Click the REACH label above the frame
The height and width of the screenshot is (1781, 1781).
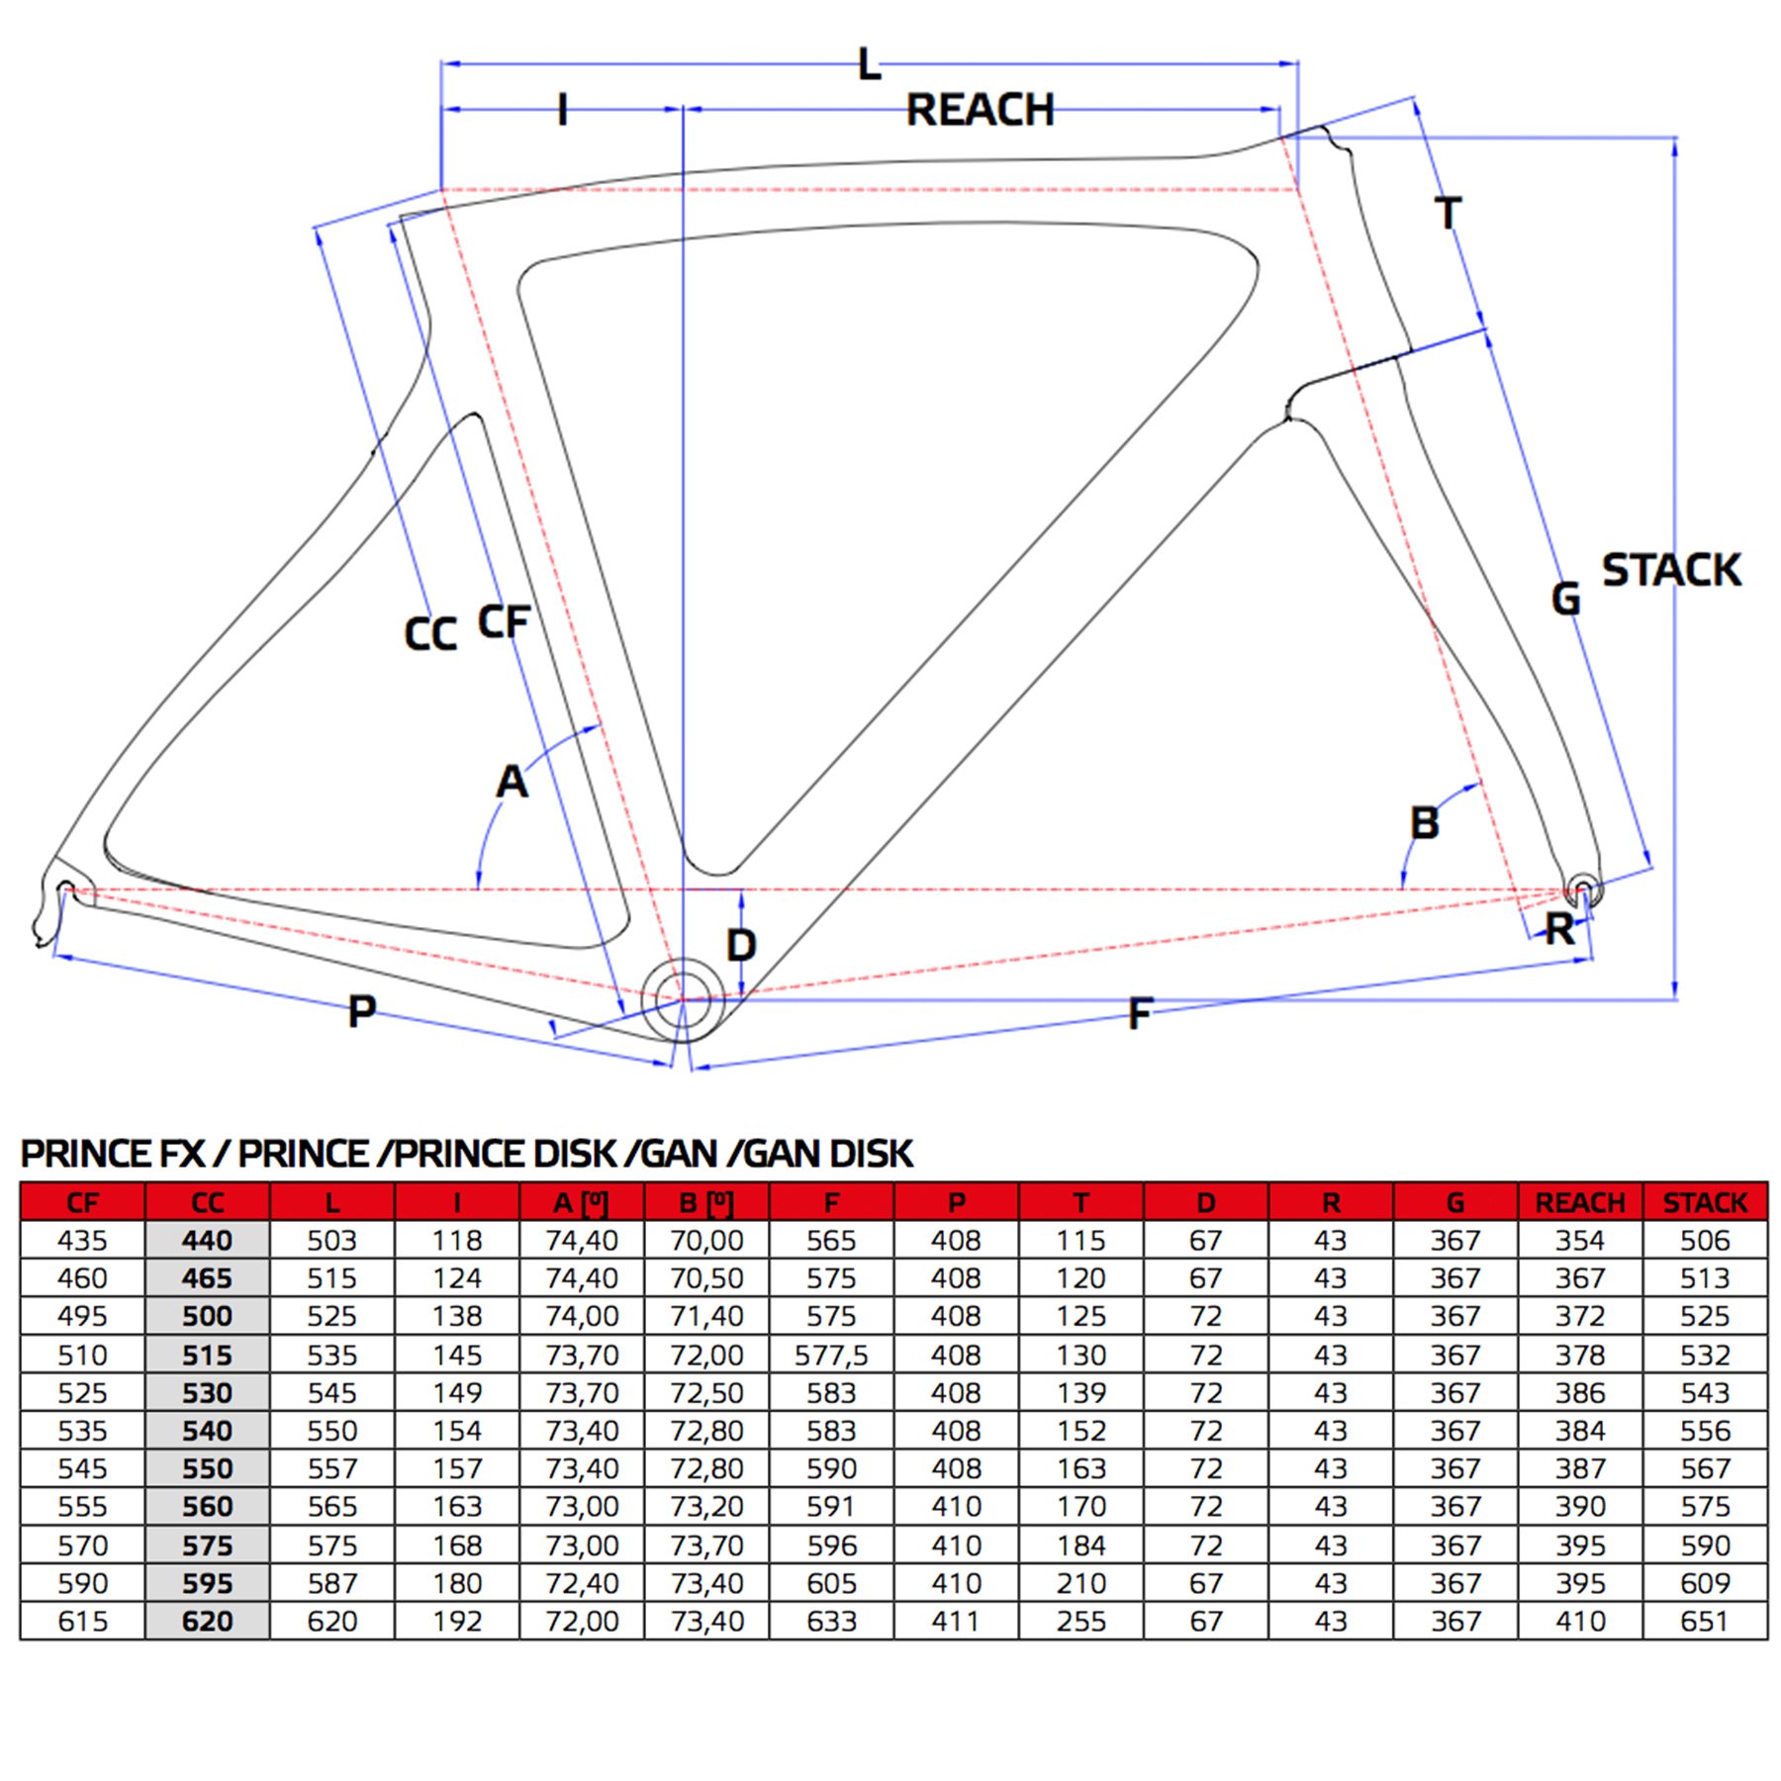pos(980,110)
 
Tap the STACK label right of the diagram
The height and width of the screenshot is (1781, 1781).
pos(1670,570)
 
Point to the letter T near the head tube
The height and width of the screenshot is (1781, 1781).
pos(1448,213)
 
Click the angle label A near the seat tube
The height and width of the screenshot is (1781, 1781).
pos(512,782)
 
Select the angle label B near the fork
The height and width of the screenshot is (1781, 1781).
pos(1424,823)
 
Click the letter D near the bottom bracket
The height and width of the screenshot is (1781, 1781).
pos(741,946)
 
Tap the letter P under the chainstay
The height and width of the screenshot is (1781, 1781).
pos(362,1011)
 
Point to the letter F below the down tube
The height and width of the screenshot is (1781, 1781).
pos(1140,1013)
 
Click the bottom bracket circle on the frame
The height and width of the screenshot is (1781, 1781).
pos(683,1000)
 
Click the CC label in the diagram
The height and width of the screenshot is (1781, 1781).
pos(430,634)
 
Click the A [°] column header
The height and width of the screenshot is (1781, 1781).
pos(581,1202)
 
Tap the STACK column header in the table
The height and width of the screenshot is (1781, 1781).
pos(1705,1202)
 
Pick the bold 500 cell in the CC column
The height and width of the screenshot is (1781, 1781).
pos(207,1316)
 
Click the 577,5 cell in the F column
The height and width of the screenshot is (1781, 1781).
pos(830,1355)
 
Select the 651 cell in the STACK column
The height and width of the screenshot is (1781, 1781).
pos(1705,1621)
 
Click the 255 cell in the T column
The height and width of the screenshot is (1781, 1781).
pos(1080,1621)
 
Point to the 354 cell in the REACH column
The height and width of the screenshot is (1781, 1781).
pos(1579,1240)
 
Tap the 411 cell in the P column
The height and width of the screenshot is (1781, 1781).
pos(955,1621)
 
